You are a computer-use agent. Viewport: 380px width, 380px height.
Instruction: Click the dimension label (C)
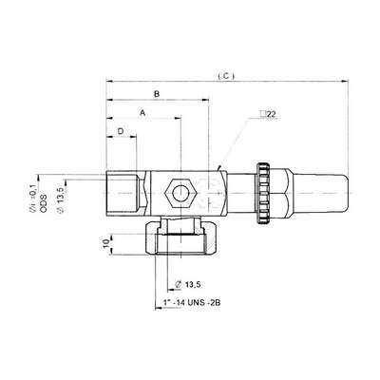226,76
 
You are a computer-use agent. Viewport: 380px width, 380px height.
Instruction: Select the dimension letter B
157,94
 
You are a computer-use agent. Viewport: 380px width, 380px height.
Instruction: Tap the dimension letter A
142,112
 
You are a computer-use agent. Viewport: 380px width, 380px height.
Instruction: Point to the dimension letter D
121,131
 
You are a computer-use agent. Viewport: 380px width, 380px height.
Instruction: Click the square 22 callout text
268,114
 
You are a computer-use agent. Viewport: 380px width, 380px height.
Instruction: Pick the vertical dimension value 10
106,243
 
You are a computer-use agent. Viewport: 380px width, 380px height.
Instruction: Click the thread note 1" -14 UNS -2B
192,303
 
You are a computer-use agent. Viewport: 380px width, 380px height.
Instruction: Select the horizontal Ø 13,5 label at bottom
188,284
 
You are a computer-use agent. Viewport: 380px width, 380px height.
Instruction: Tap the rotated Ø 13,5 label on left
61,199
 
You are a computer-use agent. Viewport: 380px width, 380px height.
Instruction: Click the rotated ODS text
44,202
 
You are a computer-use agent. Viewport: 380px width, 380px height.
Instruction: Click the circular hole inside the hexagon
180,193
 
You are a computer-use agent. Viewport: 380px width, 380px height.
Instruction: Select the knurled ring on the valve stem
263,193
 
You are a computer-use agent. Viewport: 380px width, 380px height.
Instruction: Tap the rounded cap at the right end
320,193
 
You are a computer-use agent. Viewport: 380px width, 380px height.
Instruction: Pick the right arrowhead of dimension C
345,82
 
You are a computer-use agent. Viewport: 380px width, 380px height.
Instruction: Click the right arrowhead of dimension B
205,100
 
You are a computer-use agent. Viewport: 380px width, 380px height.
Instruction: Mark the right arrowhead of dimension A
177,118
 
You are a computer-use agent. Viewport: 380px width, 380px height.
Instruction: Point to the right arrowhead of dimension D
133,137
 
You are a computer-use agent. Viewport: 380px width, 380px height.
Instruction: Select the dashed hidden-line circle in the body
209,193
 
